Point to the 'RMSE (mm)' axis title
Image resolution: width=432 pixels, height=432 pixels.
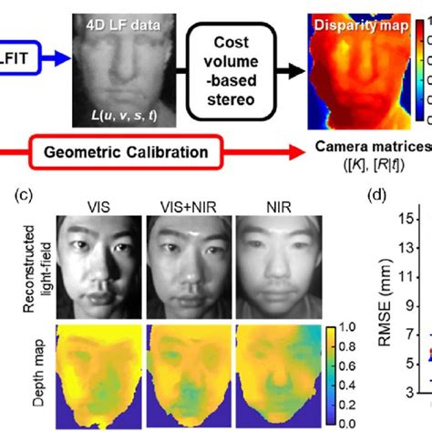[x=383, y=314]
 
